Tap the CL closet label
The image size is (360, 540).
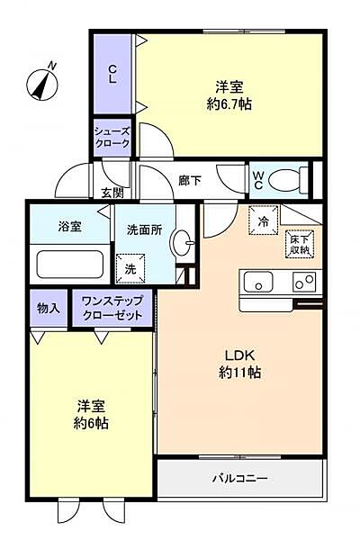(112, 74)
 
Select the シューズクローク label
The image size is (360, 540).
(113, 138)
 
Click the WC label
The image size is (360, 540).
(257, 179)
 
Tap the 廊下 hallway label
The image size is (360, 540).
(190, 180)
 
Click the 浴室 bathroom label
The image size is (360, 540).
(69, 226)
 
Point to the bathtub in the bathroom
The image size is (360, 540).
(70, 265)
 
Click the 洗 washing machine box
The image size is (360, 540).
(130, 268)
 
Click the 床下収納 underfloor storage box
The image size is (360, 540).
(299, 243)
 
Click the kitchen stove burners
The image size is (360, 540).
(303, 283)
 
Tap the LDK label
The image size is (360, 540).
(241, 354)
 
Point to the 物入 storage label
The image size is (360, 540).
(48, 308)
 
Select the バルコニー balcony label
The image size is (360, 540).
(240, 477)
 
